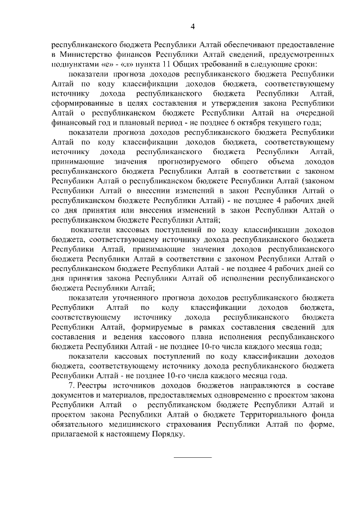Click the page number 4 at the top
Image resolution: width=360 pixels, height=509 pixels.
[x=192, y=26]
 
